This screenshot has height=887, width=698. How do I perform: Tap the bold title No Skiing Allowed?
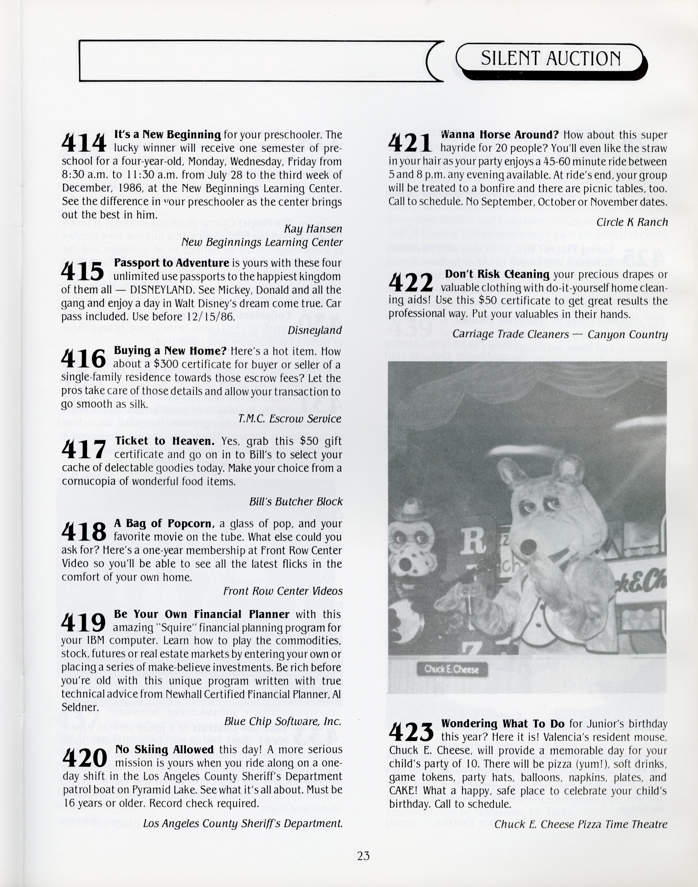[x=164, y=749]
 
